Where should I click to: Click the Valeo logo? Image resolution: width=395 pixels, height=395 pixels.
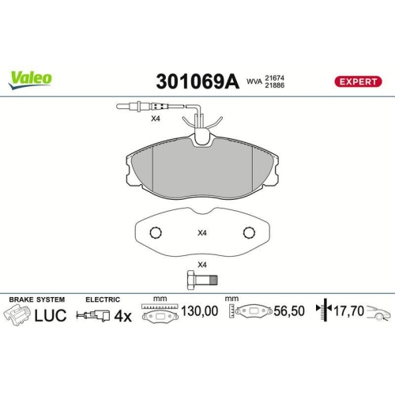click(x=32, y=77)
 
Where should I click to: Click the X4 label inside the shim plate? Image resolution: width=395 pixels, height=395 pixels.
click(x=201, y=232)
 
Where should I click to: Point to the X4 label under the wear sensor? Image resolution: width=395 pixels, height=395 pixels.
click(x=156, y=118)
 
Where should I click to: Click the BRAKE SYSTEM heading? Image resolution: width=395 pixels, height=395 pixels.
click(x=36, y=299)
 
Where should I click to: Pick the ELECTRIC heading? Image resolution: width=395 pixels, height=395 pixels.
click(x=103, y=299)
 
